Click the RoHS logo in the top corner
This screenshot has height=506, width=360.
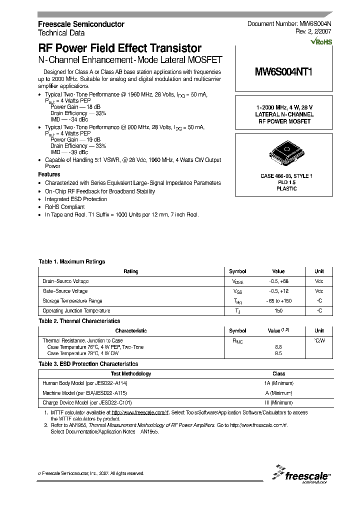pyautogui.click(x=321, y=42)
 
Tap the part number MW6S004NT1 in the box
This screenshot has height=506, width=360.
pyautogui.click(x=283, y=71)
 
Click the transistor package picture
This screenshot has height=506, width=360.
pyautogui.click(x=283, y=151)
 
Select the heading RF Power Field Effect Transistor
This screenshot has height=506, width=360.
pyautogui.click(x=120, y=48)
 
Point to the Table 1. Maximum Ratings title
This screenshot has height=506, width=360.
pyautogui.click(x=72, y=261)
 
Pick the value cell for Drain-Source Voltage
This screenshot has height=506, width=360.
pyautogui.click(x=278, y=281)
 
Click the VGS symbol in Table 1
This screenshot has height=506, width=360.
pyautogui.click(x=237, y=291)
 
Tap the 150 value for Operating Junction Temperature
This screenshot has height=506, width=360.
pyautogui.click(x=278, y=311)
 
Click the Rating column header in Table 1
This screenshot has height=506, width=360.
pyautogui.click(x=130, y=271)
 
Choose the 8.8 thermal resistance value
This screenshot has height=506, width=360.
pyautogui.click(x=278, y=346)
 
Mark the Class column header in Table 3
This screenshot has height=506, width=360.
pyautogui.click(x=278, y=373)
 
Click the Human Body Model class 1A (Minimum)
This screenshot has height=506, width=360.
pyautogui.click(x=278, y=383)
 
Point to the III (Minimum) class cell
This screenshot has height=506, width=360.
pyautogui.click(x=278, y=402)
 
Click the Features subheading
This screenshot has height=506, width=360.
pyautogui.click(x=49, y=174)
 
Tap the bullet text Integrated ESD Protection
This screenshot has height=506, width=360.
pyautogui.click(x=76, y=199)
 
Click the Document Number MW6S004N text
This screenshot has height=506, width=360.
pyautogui.click(x=289, y=24)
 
